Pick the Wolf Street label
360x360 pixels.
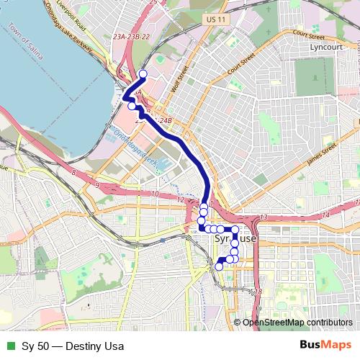(179, 80)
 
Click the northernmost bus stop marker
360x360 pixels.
(143, 74)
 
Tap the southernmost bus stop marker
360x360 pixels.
(219, 267)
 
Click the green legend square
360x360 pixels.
(9, 346)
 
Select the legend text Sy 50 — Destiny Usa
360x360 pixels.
(68, 346)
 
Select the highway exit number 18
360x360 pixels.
(258, 292)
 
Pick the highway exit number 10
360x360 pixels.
(154, 194)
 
